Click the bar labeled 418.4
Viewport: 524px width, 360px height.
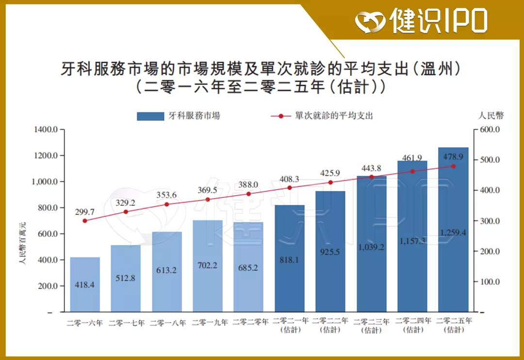coord(85,284)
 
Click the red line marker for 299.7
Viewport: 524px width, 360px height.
coord(85,221)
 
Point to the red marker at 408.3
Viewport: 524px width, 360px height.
coord(290,188)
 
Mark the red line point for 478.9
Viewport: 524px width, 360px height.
coord(453,166)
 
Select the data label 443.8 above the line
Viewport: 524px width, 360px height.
coord(371,168)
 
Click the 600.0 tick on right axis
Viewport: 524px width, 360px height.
coord(490,130)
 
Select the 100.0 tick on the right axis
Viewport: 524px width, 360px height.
coord(490,281)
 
